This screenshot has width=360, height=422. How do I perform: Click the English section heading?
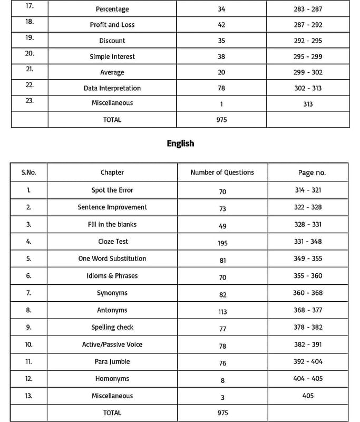tap(180, 143)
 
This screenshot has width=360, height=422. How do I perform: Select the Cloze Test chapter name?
tap(113, 242)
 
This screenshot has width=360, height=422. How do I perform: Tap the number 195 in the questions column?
tap(222, 242)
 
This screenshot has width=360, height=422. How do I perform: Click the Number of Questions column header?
tap(222, 172)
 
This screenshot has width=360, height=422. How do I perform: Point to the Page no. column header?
tap(312, 173)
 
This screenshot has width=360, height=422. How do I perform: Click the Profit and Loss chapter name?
tap(112, 25)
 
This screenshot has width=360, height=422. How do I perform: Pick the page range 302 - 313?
tap(308, 89)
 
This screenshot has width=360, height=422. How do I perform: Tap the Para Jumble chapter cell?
tap(113, 362)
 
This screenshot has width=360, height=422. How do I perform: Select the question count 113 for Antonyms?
tap(222, 312)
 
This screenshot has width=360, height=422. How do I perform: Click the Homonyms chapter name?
tap(112, 379)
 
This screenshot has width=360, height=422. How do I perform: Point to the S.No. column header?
tap(28, 172)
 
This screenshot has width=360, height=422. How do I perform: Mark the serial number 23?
tap(30, 101)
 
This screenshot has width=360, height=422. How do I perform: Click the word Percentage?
tap(112, 9)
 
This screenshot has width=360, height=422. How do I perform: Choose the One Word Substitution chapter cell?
tap(112, 258)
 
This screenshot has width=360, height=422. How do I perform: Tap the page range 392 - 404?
tap(308, 362)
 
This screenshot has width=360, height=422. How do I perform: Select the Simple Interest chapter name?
tap(112, 56)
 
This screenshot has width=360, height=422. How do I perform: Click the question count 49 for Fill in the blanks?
tap(222, 226)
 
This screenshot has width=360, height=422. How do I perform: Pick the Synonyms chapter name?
tap(112, 293)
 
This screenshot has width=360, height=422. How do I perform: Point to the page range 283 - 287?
tap(308, 9)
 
